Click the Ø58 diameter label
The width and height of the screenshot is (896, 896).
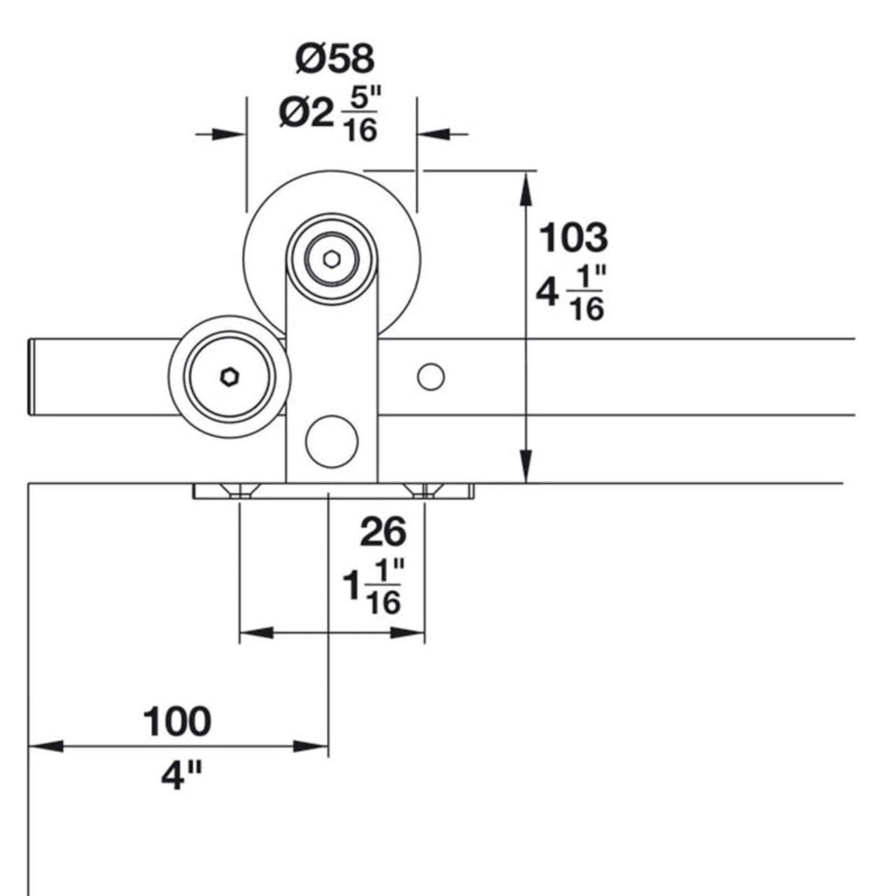pos(335,59)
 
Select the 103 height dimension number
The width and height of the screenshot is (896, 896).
pos(573,238)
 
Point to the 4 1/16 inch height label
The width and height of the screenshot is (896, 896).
pos(570,294)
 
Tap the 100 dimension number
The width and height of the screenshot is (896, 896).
pos(176,722)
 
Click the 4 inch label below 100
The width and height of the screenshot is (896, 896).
pos(181,776)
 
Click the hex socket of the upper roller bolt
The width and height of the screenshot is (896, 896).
pos(332,259)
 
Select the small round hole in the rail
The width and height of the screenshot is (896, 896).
pos(430,377)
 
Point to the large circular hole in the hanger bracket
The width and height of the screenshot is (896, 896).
pos(332,441)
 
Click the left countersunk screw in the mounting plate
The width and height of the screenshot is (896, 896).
pos(240,491)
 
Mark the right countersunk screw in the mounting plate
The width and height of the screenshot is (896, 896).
pos(425,491)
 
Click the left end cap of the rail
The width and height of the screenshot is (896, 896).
pos(31,377)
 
